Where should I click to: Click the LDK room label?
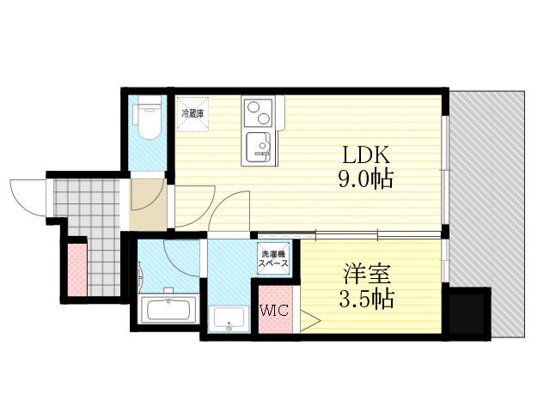click(x=366, y=155)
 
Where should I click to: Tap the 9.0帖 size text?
click(x=366, y=179)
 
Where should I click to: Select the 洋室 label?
click(x=367, y=275)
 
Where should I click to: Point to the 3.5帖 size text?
click(x=367, y=299)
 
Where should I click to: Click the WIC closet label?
click(x=274, y=310)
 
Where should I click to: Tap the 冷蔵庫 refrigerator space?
click(x=192, y=114)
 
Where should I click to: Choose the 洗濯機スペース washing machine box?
click(x=273, y=258)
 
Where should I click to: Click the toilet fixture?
click(x=148, y=118)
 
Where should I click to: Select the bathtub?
click(x=168, y=309)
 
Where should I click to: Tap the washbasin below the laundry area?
click(x=229, y=318)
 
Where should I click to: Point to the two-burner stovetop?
click(x=258, y=112)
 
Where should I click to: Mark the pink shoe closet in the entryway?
click(x=76, y=270)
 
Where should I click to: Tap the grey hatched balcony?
click(x=487, y=189)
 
